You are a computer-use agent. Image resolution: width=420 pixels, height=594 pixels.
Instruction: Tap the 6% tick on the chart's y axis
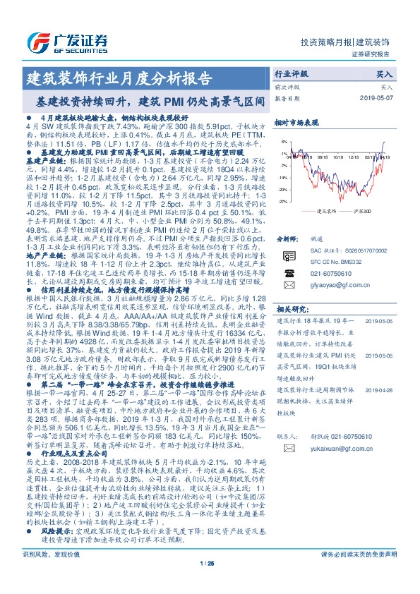pyautogui.click(x=284, y=141)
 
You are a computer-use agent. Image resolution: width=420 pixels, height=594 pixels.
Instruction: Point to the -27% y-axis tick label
pyautogui.click(x=282, y=201)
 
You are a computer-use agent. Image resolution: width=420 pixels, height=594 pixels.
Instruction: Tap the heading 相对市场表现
pyautogui.click(x=296, y=122)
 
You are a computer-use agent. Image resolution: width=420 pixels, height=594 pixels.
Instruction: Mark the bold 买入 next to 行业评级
pyautogui.click(x=385, y=73)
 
